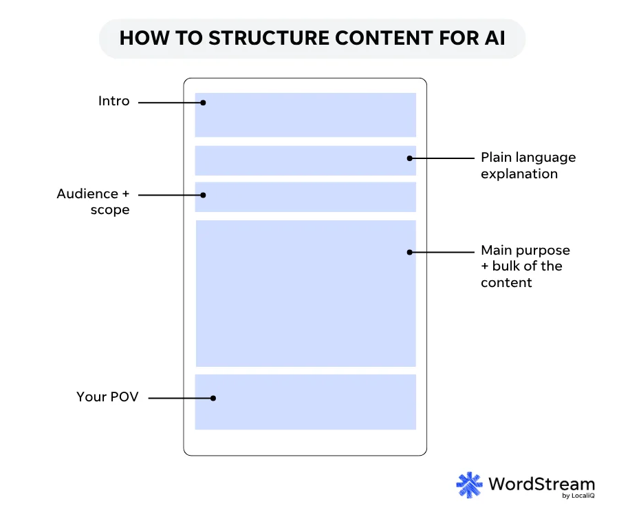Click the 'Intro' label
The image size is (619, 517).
tap(113, 101)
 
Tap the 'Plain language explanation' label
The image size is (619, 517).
tap(528, 165)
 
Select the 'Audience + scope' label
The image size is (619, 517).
tap(94, 202)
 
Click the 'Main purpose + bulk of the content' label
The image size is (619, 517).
tap(525, 266)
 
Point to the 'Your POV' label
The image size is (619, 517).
tap(107, 397)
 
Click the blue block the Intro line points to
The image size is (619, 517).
tap(305, 115)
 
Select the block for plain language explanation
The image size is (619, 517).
tap(305, 160)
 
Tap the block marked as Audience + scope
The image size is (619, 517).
tap(305, 197)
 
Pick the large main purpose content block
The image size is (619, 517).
tap(305, 293)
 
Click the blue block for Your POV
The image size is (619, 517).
tap(305, 402)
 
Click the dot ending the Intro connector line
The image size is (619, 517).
tap(204, 103)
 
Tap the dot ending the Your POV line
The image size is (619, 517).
tap(214, 398)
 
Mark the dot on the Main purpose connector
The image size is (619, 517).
tap(409, 252)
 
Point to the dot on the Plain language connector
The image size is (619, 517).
tap(409, 158)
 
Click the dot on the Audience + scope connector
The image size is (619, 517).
tap(204, 195)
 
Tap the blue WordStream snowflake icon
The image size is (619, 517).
tap(470, 485)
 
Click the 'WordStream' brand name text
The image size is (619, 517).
tap(541, 483)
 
